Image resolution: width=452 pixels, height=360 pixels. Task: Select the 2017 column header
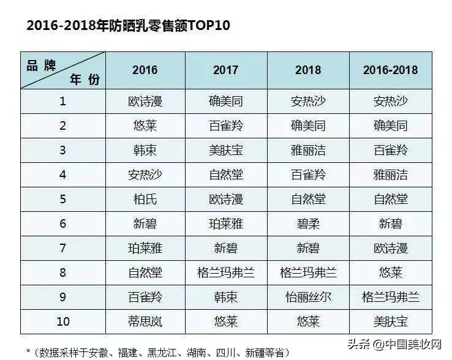[x=225, y=70]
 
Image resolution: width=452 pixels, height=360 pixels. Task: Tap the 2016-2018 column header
[x=390, y=70]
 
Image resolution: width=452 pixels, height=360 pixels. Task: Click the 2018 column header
[x=308, y=70]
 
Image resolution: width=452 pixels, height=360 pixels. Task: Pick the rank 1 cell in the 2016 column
[x=145, y=101]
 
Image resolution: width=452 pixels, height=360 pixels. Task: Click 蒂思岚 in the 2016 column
[x=145, y=321]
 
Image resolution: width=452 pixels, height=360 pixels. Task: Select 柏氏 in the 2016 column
[x=145, y=199]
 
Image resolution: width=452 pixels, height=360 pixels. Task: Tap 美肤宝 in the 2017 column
[x=225, y=150]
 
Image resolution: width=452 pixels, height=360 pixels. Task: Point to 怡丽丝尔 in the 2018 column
[x=308, y=297]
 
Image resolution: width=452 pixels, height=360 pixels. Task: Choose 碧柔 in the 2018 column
[x=308, y=223]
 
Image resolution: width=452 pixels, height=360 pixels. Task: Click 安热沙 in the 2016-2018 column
[x=390, y=101]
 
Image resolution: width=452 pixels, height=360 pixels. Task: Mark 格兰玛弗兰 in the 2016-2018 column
[x=390, y=297]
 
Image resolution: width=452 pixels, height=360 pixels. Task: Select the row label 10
[x=63, y=321]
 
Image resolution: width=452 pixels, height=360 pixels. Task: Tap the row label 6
[x=63, y=223]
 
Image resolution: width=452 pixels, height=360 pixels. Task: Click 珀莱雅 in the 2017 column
[x=225, y=223]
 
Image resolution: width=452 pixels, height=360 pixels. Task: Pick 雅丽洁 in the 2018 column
[x=308, y=150]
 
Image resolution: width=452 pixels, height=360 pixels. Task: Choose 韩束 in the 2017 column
[x=225, y=297]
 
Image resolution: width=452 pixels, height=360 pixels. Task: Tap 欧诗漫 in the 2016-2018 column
[x=390, y=248]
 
